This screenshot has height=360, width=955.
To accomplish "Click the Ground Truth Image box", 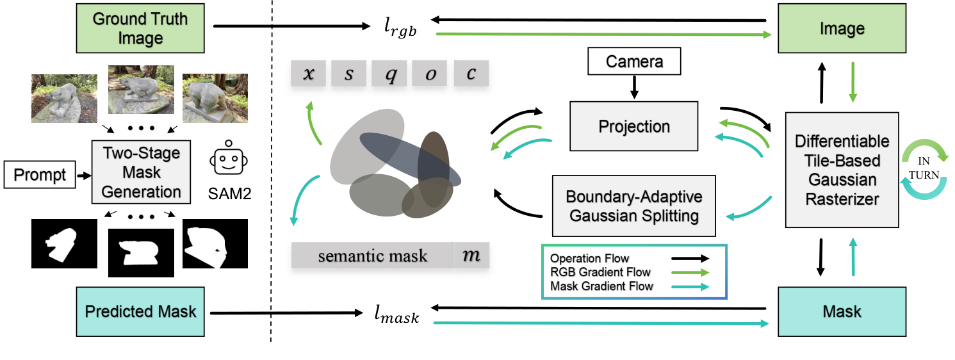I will pyautogui.click(x=141, y=28).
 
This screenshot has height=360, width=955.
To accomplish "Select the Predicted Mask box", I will pyautogui.click(x=140, y=312).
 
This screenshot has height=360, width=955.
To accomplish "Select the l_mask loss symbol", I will pyautogui.click(x=397, y=315).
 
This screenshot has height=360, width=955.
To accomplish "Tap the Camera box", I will pyautogui.click(x=634, y=62).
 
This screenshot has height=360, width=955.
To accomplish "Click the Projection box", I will pyautogui.click(x=634, y=126).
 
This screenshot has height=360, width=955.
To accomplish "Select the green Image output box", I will pyautogui.click(x=842, y=29).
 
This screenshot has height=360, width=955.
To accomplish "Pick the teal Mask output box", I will pyautogui.click(x=842, y=312).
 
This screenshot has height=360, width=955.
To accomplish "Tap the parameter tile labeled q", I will pyautogui.click(x=389, y=74).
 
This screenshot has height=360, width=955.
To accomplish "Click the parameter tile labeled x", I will pyautogui.click(x=309, y=74).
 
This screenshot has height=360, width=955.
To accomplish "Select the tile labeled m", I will pyautogui.click(x=471, y=256).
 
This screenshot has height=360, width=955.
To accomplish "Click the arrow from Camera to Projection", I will pyautogui.click(x=634, y=87).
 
